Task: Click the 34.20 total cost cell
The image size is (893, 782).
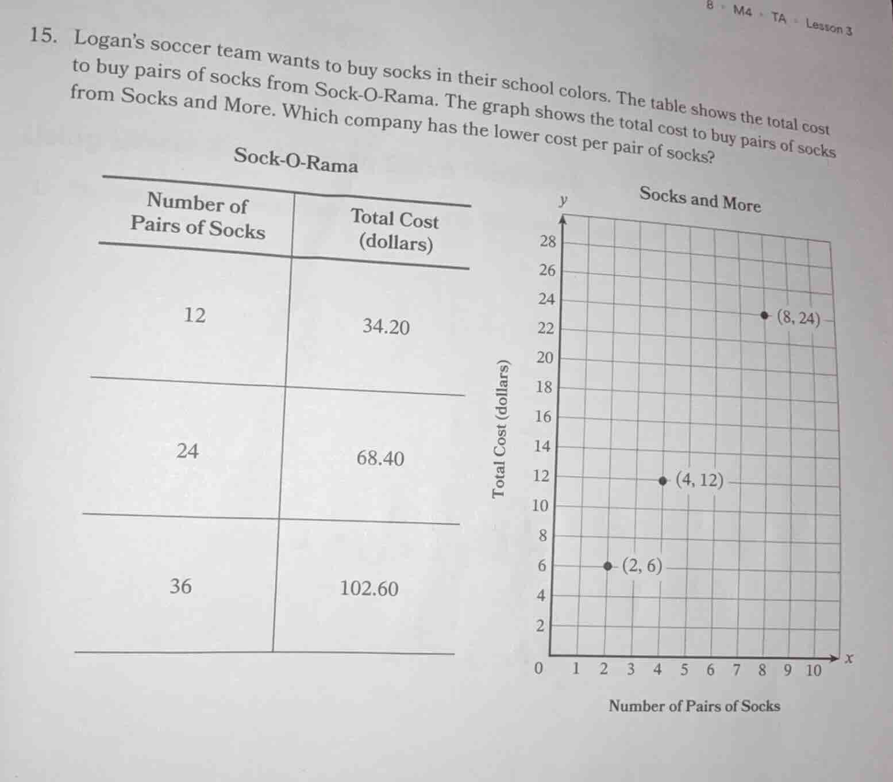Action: tap(386, 327)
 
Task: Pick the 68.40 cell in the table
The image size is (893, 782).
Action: tap(380, 458)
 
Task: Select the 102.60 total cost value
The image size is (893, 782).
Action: tap(369, 588)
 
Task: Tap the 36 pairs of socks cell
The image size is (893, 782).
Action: tap(180, 586)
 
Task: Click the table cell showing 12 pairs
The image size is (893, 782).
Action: tap(195, 315)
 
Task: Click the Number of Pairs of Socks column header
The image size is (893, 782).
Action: tap(198, 215)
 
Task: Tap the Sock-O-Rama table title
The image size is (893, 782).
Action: tap(296, 160)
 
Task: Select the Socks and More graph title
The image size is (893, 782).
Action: tap(700, 199)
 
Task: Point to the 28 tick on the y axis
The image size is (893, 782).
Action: tap(548, 241)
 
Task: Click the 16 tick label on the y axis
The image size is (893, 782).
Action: tap(543, 417)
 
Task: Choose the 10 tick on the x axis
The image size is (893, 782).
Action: tap(813, 670)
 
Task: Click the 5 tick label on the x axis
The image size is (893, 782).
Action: tap(684, 669)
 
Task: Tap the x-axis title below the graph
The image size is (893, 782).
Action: tap(694, 706)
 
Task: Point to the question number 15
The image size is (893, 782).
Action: tap(43, 36)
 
